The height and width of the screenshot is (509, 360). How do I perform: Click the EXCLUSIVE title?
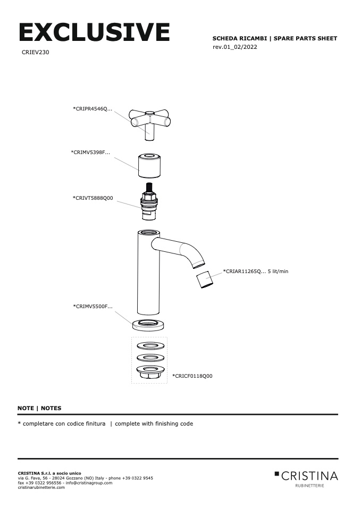[94, 32]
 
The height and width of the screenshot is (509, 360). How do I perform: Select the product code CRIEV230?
[36, 53]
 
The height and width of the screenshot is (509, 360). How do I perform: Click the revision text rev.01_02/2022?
[235, 47]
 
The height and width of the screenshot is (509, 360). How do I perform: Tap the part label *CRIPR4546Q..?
[92, 108]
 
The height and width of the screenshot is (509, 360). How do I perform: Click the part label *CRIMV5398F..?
[90, 152]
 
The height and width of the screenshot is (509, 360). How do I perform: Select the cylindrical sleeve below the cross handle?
[149, 166]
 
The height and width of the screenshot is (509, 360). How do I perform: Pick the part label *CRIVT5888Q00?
[93, 198]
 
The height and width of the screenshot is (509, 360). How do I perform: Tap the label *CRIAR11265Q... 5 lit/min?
[256, 272]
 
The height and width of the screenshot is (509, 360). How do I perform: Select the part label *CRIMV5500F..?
[93, 307]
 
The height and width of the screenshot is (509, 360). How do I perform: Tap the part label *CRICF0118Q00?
[192, 376]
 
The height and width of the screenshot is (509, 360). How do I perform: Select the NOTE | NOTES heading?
[39, 408]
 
